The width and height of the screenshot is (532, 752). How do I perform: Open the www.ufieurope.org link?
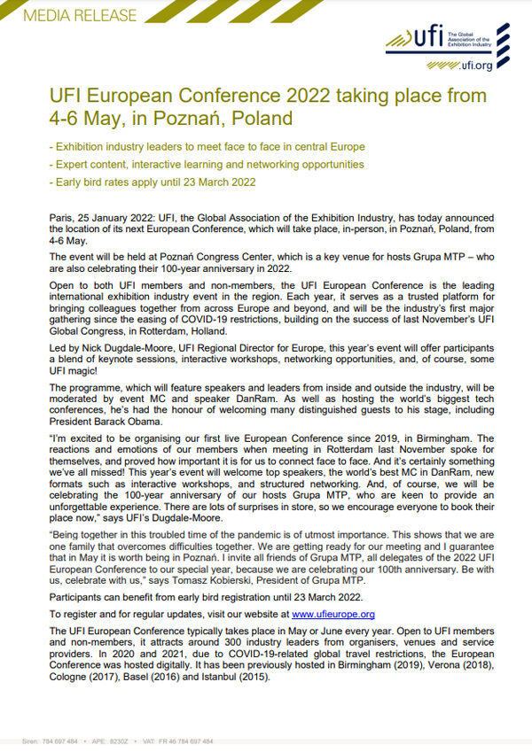(x=332, y=613)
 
